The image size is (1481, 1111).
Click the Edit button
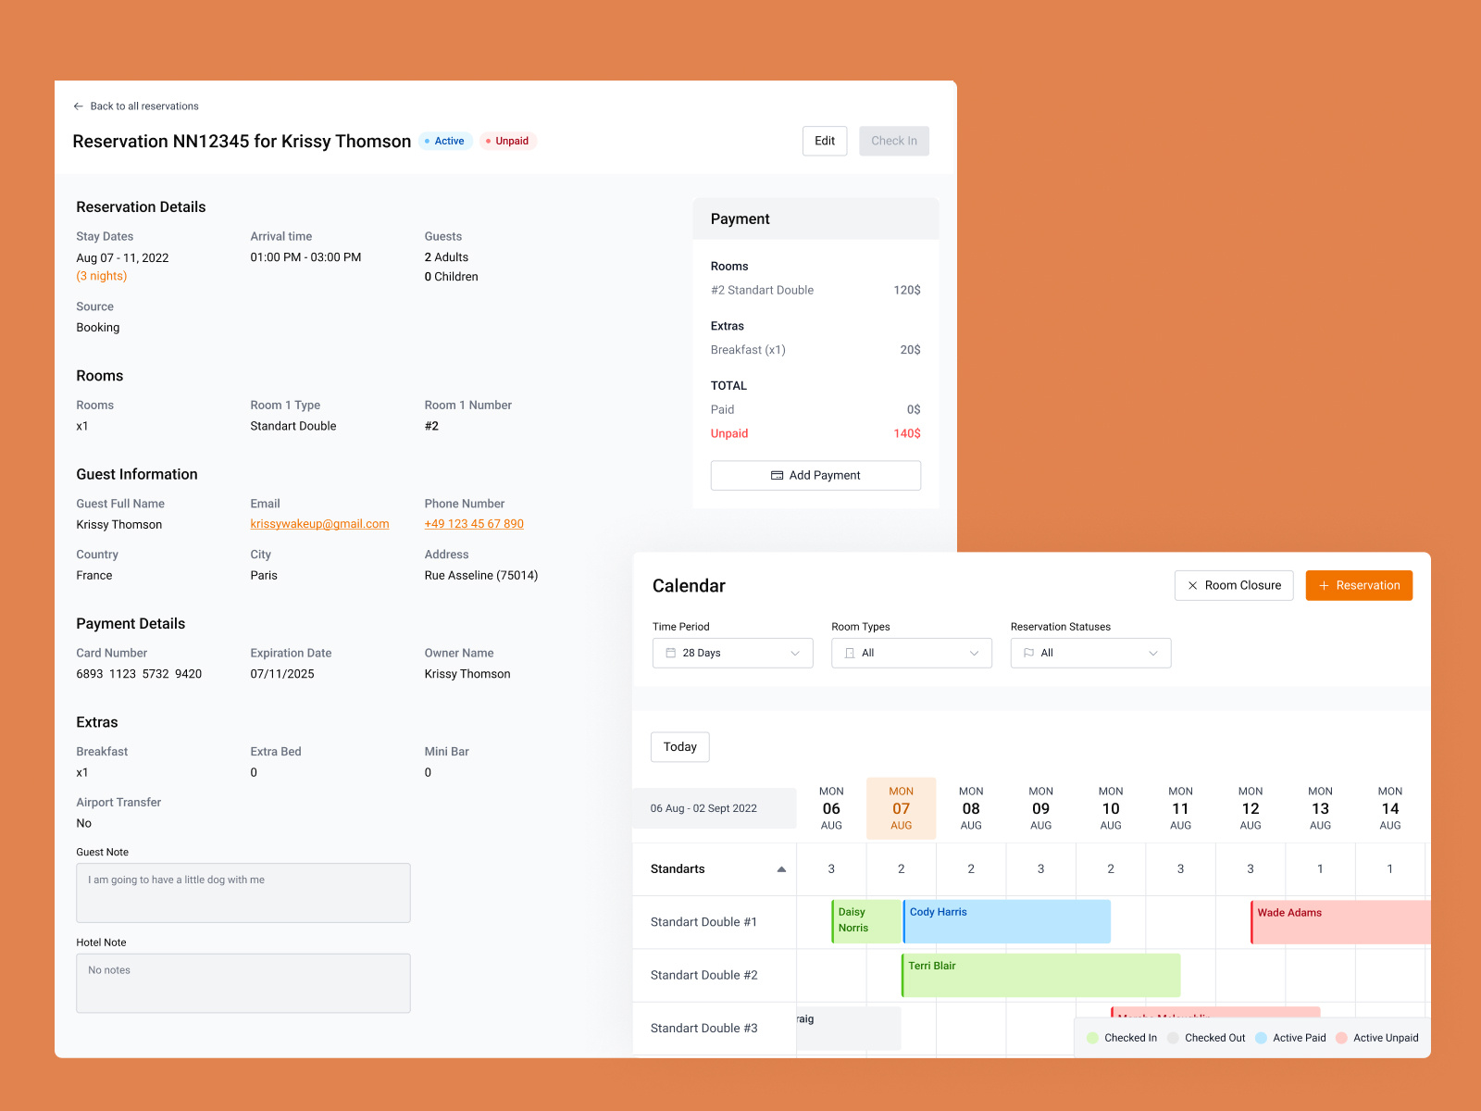(x=824, y=141)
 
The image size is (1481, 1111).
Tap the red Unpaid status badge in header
(x=508, y=141)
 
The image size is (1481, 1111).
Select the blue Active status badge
(x=445, y=141)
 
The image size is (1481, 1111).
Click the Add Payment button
(x=815, y=475)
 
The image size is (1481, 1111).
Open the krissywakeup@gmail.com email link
(x=319, y=524)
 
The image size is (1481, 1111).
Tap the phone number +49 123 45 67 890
(x=474, y=524)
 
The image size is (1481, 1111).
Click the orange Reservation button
(x=1358, y=585)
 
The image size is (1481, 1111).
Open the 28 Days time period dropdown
(x=732, y=653)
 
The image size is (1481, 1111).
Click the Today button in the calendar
(x=679, y=747)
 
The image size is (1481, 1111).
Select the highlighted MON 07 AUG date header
(x=901, y=808)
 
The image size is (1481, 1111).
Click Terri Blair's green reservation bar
(x=1040, y=976)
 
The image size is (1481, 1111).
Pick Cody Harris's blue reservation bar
(x=1006, y=922)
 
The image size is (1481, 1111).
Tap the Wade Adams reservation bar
(x=1339, y=922)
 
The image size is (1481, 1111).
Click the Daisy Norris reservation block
(x=865, y=921)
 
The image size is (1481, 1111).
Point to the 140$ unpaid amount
(x=906, y=433)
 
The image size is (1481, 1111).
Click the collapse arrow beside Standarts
(x=781, y=869)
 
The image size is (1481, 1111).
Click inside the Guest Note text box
(x=243, y=893)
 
